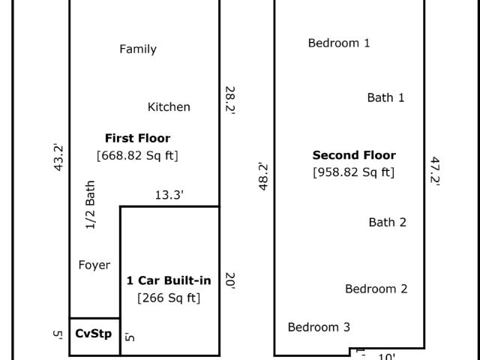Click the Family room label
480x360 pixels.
click(x=138, y=49)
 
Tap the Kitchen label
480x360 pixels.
click(x=169, y=106)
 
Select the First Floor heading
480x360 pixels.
click(x=138, y=138)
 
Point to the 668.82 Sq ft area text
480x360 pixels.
click(x=137, y=155)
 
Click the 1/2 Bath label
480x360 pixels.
click(x=90, y=205)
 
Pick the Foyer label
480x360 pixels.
click(x=94, y=265)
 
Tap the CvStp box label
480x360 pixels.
click(x=93, y=333)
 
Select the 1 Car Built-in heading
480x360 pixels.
click(x=169, y=280)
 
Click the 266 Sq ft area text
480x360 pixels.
click(x=169, y=298)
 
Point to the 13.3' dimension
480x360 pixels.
click(x=169, y=195)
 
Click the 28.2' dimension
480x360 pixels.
click(x=230, y=100)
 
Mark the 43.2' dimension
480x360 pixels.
click(x=58, y=157)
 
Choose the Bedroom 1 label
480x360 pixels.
click(x=339, y=43)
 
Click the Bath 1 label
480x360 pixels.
click(x=385, y=97)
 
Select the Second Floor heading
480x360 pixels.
click(x=354, y=155)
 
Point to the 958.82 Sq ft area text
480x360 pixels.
click(x=354, y=172)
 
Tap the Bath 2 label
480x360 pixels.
click(x=388, y=222)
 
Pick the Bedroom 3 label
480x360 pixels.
click(x=319, y=327)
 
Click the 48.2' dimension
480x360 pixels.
click(x=263, y=177)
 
